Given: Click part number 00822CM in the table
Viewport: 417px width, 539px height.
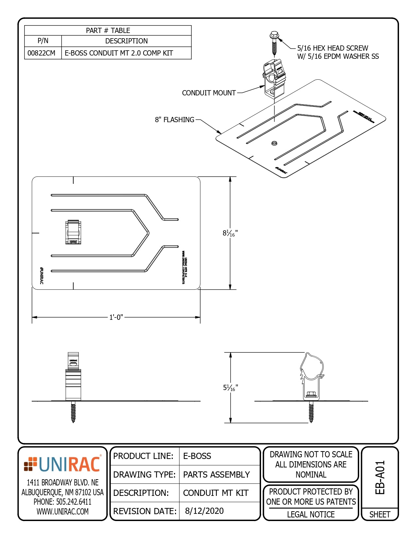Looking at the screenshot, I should (42, 53).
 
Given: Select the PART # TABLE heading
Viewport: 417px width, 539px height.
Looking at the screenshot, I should (108, 30).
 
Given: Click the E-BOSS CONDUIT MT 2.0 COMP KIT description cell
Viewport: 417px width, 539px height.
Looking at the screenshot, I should (119, 53).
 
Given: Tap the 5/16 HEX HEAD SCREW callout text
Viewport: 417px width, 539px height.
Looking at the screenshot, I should (333, 48).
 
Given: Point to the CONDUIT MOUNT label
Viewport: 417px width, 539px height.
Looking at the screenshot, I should (209, 93).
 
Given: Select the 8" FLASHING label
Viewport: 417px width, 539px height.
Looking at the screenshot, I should (175, 120).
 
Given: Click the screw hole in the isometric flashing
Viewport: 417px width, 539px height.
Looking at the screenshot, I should (274, 143).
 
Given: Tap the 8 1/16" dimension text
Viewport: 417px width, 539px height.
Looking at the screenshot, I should (230, 233).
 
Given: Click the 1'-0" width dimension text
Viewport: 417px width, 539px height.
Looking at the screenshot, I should (116, 317).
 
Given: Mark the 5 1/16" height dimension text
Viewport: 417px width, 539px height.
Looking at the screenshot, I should (230, 388).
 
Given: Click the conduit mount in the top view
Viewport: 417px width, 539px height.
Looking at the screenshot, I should (73, 232).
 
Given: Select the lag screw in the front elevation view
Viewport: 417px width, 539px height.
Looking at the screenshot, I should (73, 412).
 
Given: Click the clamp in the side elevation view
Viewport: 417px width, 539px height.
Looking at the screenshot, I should (312, 376).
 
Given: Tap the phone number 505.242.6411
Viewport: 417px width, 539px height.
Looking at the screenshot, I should (62, 502).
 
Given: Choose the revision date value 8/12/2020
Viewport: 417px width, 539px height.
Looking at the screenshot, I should (204, 511).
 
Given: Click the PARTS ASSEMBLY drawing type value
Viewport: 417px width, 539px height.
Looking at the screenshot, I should (216, 474).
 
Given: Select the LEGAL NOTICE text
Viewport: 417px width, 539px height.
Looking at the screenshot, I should (311, 514).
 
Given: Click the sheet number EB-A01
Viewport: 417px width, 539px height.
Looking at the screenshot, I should (380, 477).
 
